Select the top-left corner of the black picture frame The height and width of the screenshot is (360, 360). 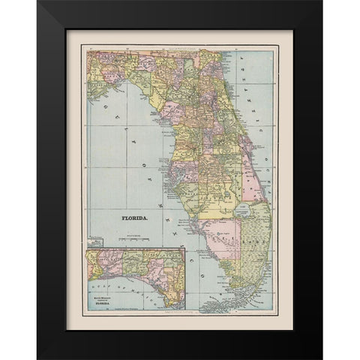click(37, 2)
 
